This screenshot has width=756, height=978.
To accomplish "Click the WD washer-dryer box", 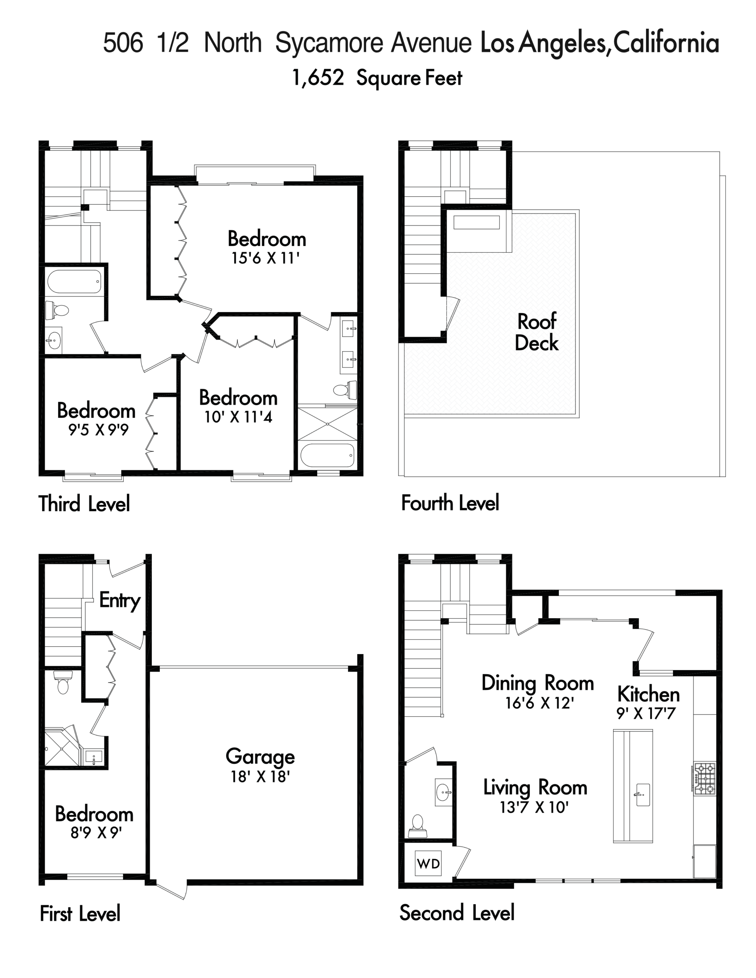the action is click(428, 863).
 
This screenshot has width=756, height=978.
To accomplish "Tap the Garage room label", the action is click(260, 757).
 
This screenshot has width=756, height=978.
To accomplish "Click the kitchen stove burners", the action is click(704, 779).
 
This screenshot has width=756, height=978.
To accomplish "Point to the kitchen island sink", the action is click(642, 795).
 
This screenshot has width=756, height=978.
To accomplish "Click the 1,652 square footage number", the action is click(318, 78).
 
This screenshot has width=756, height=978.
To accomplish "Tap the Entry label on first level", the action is click(120, 601).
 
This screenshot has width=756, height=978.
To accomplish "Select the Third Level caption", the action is click(84, 504).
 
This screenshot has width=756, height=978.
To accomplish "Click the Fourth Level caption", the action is click(450, 503).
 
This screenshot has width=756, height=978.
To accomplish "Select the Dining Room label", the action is click(538, 683).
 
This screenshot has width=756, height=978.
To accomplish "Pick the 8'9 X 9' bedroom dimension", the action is click(96, 832).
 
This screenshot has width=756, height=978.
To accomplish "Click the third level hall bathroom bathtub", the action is click(75, 281).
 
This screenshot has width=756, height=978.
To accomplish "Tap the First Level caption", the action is click(80, 913).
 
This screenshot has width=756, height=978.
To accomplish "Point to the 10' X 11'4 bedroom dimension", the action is click(238, 417).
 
